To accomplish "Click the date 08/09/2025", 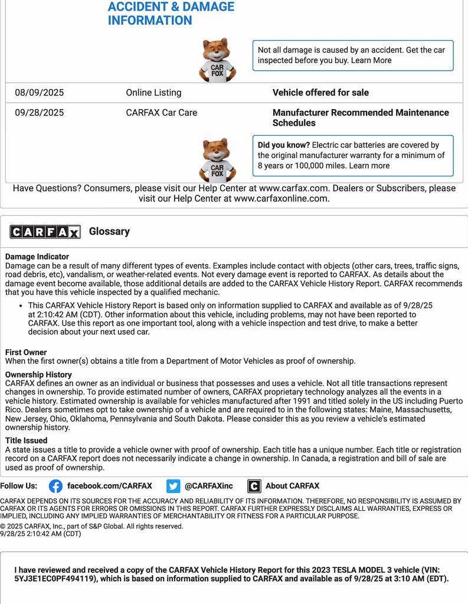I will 40,93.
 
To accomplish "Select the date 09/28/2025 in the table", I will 40,113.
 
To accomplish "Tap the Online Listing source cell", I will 153,93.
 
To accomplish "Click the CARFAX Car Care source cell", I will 161,113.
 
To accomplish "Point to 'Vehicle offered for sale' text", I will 320,93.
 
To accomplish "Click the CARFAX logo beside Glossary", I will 45,232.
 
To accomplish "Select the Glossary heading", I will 109,231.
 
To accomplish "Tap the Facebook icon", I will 55,486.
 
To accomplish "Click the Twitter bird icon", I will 173,486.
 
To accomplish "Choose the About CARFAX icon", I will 254,486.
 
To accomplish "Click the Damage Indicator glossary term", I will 37,257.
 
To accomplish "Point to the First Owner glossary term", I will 26,352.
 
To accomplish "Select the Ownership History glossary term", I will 38,375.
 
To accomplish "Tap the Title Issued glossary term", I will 27,440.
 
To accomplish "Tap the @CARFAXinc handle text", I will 208,486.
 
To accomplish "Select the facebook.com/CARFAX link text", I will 109,486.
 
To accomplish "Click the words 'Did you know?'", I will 283,145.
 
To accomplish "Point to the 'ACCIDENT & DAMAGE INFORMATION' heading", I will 171,14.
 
